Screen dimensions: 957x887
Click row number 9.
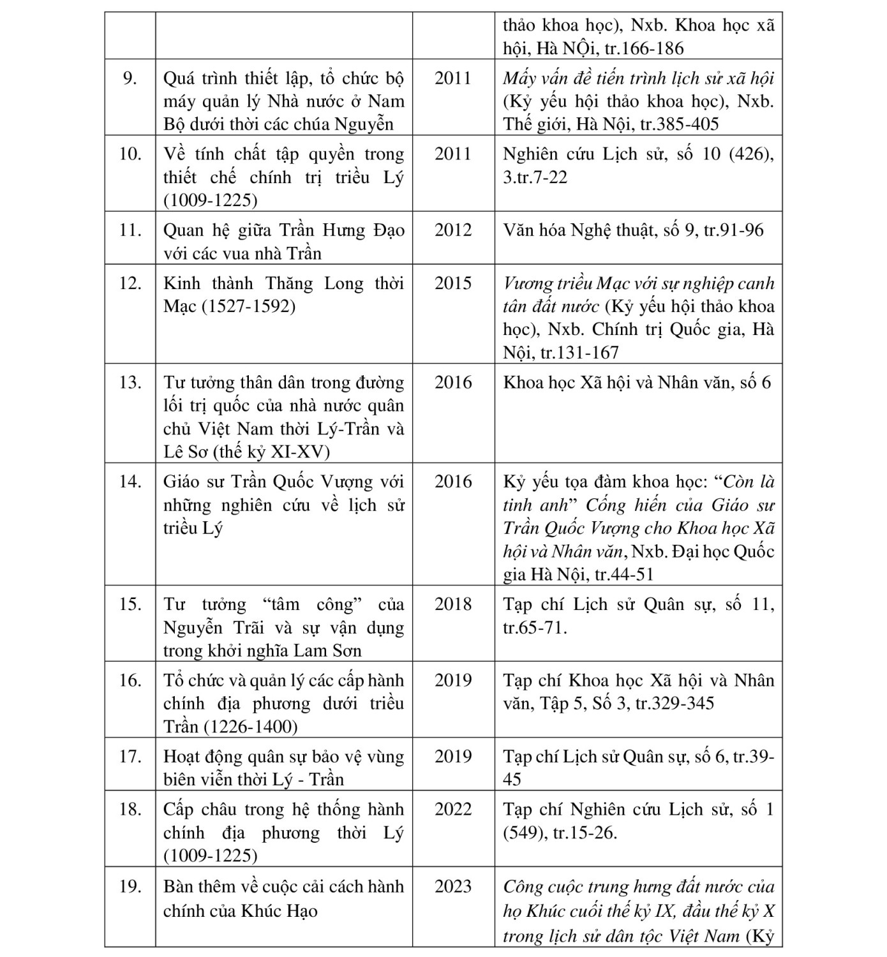[130, 78]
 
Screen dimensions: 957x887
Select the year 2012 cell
[452, 230]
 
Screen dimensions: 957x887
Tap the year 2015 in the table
[452, 283]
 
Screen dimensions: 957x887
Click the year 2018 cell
[452, 604]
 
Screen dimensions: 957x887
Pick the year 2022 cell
[452, 810]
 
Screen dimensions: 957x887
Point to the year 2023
[452, 887]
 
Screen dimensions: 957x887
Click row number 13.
[130, 383]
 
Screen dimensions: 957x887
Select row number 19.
[130, 887]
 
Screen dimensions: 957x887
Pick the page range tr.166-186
[644, 48]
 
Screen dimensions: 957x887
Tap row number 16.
[130, 681]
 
